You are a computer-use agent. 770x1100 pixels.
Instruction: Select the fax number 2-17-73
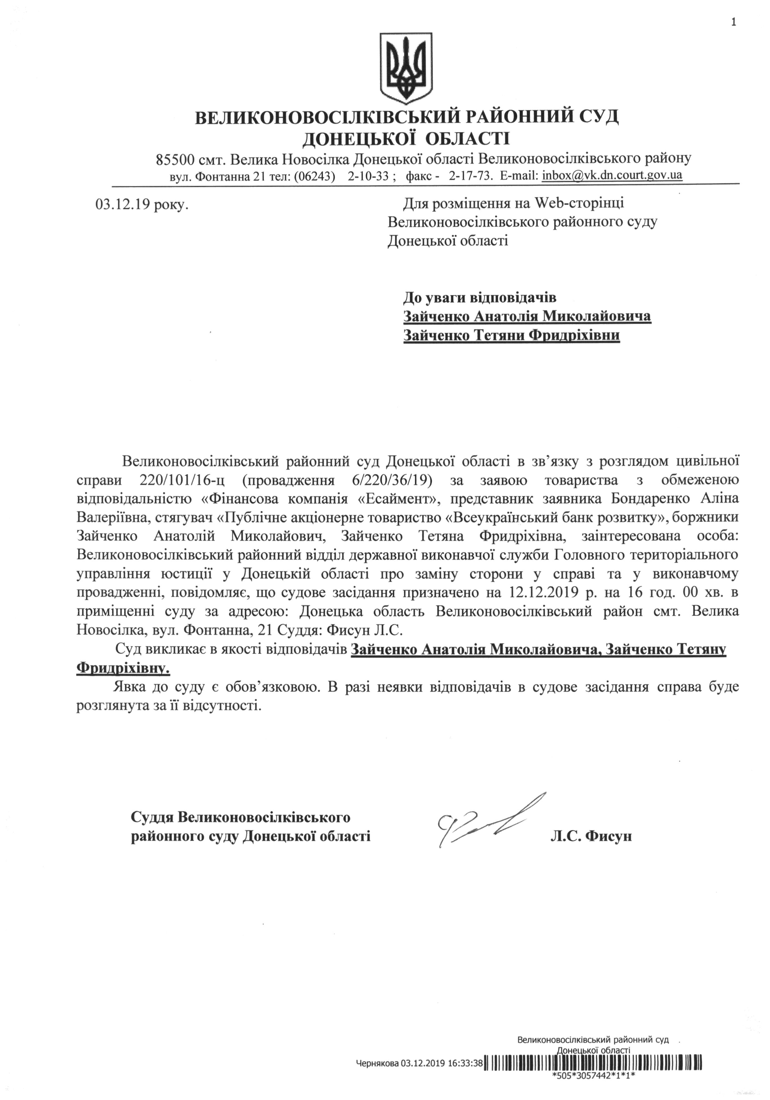coord(470,176)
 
